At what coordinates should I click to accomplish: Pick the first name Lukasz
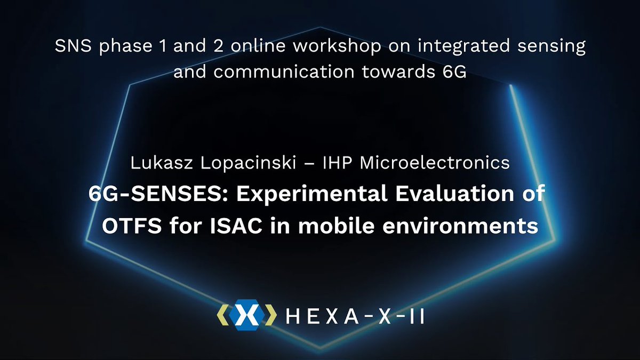(x=156, y=163)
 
